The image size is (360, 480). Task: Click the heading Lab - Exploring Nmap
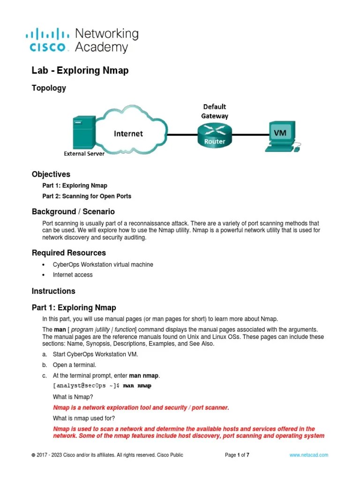click(x=80, y=70)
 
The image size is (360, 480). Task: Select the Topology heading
click(x=49, y=88)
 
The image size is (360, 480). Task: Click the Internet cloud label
click(x=128, y=134)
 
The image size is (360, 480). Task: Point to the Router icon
click(x=214, y=135)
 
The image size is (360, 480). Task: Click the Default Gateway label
click(x=214, y=111)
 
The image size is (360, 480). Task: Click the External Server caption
click(x=84, y=153)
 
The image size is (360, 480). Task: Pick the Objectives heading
click(x=51, y=174)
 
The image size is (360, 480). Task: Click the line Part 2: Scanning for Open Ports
click(x=87, y=196)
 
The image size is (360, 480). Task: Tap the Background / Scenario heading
click(x=73, y=212)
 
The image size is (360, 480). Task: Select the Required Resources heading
click(x=68, y=253)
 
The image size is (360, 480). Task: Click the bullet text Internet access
click(x=73, y=275)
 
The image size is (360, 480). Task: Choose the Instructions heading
click(x=53, y=291)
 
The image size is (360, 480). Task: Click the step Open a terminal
click(x=75, y=365)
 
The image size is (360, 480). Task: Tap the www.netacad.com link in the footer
click(x=308, y=455)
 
